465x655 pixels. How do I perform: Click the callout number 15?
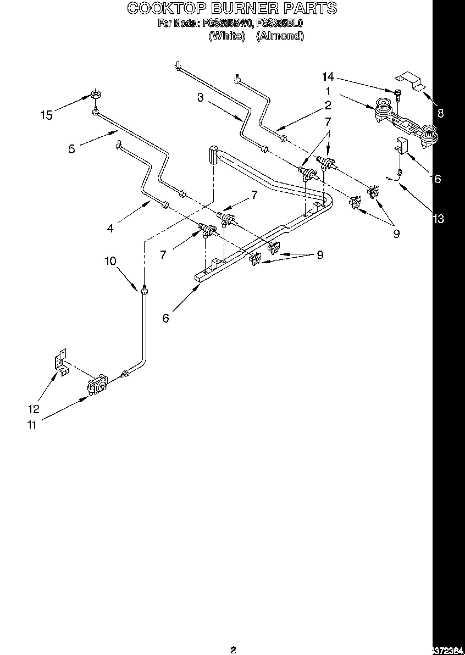coord(47,115)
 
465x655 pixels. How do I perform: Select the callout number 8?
coord(440,114)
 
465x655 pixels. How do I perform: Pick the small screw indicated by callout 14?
coord(397,92)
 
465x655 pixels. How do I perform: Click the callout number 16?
coord(435,179)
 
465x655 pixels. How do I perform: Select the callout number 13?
coord(438,219)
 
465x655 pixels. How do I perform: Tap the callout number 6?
coord(165,318)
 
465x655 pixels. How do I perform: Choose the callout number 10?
coord(110,261)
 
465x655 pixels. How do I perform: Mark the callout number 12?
coord(34,408)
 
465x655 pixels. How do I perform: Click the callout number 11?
coord(33,424)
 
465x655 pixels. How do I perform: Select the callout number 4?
coord(110,227)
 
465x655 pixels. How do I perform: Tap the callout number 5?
coord(72,148)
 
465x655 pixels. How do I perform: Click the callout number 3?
coord(201,98)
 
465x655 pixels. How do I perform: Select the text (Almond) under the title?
coord(280,36)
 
